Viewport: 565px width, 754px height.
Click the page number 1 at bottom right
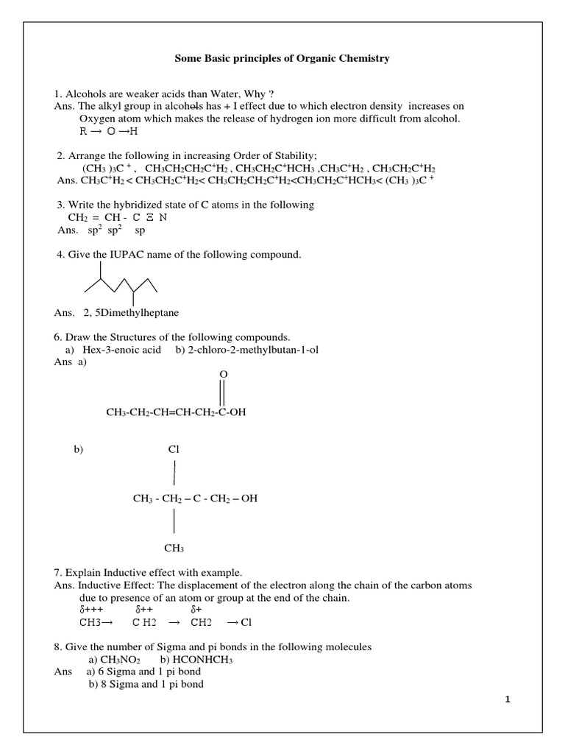click(x=508, y=700)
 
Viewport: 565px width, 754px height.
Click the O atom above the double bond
click(x=224, y=375)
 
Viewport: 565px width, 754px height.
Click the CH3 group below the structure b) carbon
click(x=174, y=548)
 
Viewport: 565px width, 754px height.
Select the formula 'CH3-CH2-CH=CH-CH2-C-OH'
click(x=176, y=412)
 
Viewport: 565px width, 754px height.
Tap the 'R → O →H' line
click(x=108, y=131)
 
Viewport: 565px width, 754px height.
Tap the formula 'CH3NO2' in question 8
click(x=121, y=659)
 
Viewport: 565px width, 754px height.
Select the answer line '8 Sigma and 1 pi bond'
click(x=152, y=684)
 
